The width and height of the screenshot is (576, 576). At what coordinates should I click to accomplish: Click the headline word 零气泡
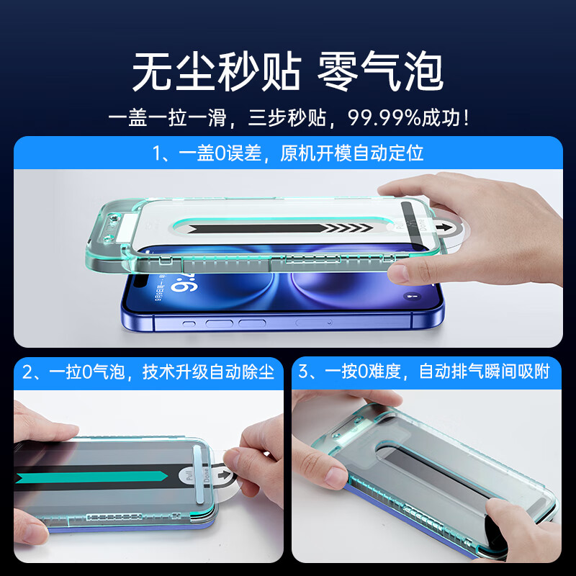(380, 71)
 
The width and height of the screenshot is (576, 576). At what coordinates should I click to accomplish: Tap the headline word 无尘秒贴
(217, 71)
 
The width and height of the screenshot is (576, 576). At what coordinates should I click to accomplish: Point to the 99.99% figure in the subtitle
(384, 118)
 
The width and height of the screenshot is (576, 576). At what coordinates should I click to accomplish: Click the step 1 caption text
(288, 153)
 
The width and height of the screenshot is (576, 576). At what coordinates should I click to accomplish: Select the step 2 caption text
(148, 372)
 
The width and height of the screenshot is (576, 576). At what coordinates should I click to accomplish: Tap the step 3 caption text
(424, 371)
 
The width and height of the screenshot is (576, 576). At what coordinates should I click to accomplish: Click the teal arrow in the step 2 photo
(91, 477)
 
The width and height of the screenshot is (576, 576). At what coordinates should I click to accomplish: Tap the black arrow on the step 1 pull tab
(444, 227)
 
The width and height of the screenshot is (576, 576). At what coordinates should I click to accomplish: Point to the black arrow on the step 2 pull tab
(223, 475)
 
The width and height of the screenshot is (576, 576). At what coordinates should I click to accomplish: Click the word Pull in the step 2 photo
(189, 477)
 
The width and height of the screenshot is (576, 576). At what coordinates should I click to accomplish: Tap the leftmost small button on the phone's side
(189, 324)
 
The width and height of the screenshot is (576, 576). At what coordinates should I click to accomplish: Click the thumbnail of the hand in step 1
(397, 274)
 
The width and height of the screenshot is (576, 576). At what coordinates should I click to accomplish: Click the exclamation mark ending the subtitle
(466, 118)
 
